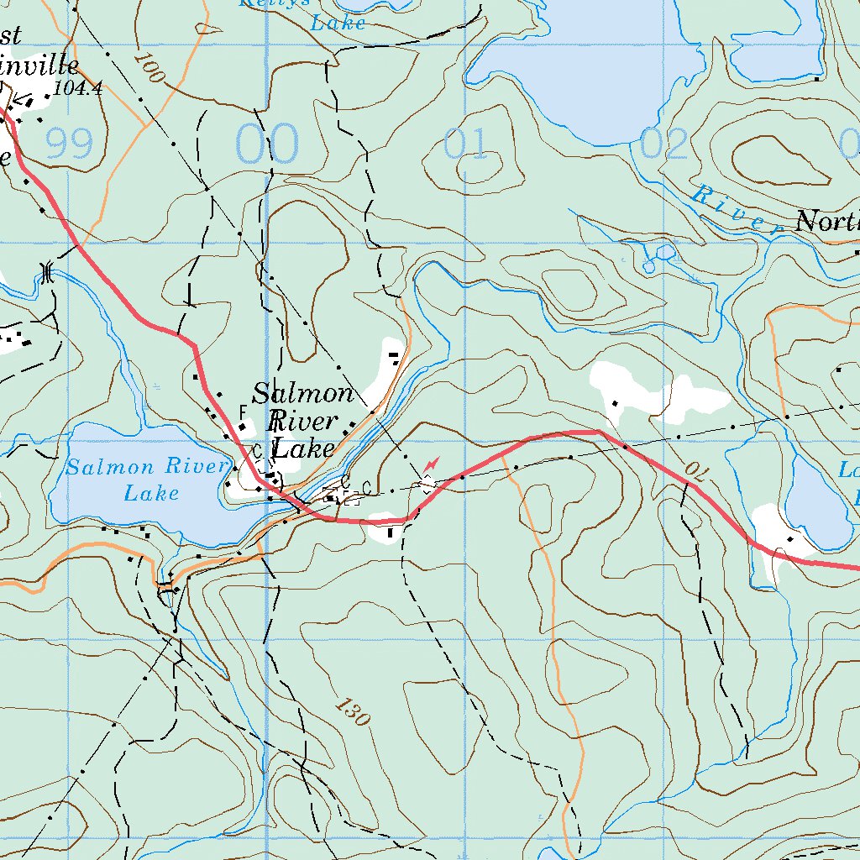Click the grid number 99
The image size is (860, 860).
coord(69,144)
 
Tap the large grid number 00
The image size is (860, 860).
coord(267,144)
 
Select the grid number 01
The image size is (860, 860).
coord(466,144)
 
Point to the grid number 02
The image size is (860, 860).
coord(663,144)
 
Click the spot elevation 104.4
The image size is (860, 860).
coord(76,87)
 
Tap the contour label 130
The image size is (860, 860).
coord(352,712)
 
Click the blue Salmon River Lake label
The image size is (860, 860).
coord(148,479)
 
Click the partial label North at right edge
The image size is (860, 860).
coord(826,223)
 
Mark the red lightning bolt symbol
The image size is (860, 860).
coord(432,464)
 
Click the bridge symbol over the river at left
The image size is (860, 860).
coord(47,271)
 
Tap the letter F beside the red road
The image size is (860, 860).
coord(244,412)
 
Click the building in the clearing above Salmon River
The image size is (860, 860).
coord(394,357)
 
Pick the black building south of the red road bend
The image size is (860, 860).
coord(390,532)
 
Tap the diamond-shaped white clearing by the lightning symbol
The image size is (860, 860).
coord(427,484)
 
